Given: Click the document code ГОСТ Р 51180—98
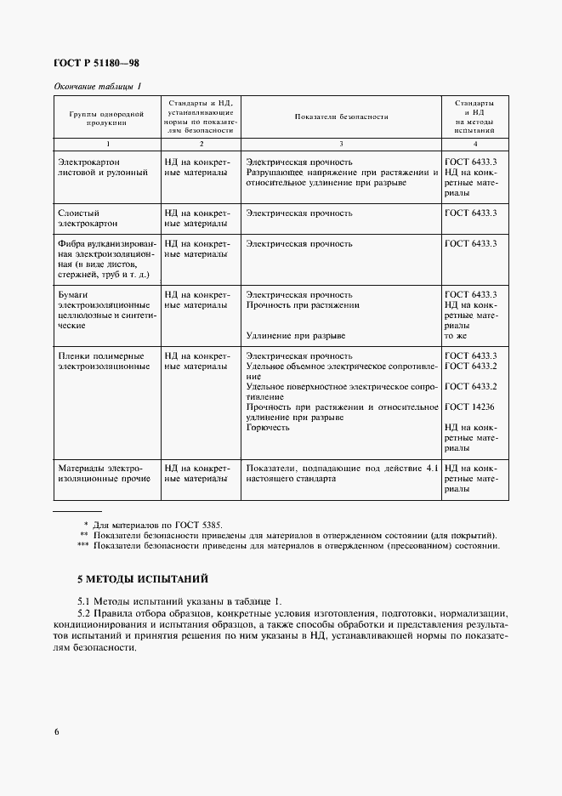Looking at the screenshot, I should pyautogui.click(x=97, y=61).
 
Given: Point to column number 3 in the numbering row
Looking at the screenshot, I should pyautogui.click(x=341, y=144).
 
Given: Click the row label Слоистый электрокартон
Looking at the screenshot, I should pyautogui.click(x=90, y=219).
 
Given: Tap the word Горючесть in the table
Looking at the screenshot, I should pyautogui.click(x=268, y=427).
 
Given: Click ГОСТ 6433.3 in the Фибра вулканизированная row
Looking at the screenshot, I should pyautogui.click(x=470, y=244).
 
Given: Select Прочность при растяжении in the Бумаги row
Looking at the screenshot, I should pyautogui.click(x=302, y=304).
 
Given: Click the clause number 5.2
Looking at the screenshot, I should pyautogui.click(x=83, y=613).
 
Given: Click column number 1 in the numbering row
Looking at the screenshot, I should pyautogui.click(x=105, y=144).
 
